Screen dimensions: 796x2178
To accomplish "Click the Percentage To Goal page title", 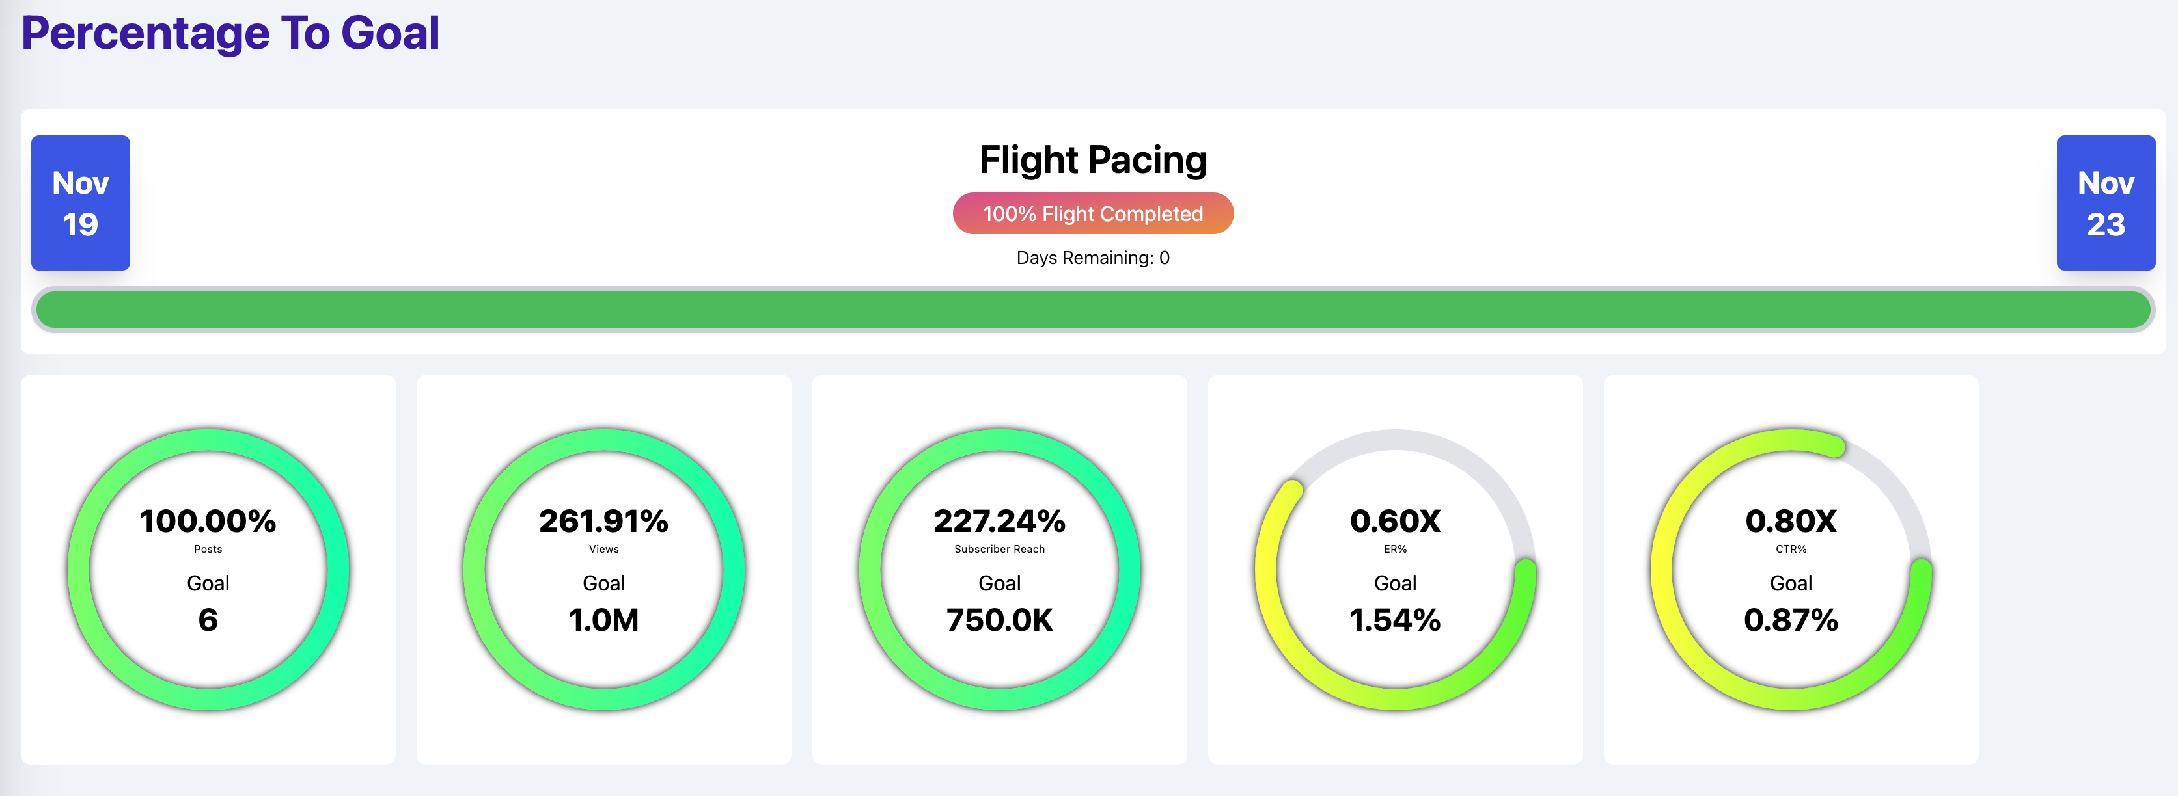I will tap(230, 34).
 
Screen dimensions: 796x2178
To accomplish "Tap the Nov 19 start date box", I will tap(80, 203).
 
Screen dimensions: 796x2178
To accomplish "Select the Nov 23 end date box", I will tap(2105, 203).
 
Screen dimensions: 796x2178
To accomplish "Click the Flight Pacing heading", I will tap(1092, 160).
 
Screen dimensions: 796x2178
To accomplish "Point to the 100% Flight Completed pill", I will tap(1092, 214).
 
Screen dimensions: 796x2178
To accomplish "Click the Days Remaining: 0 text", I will tap(1092, 258).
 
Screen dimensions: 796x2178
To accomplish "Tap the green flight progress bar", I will tap(1092, 310).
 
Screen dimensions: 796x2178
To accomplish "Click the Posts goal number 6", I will tap(208, 620).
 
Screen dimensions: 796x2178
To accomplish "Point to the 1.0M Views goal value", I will tap(603, 620).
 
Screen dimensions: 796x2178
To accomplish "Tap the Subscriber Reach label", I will tap(999, 550).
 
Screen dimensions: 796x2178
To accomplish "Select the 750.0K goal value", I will tap(999, 620).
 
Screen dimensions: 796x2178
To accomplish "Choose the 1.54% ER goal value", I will tap(1395, 620).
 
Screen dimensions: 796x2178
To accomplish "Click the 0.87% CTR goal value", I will tap(1791, 620).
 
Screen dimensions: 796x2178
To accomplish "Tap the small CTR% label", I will tap(1791, 550).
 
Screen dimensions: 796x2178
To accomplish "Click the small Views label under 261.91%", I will tap(603, 550).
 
